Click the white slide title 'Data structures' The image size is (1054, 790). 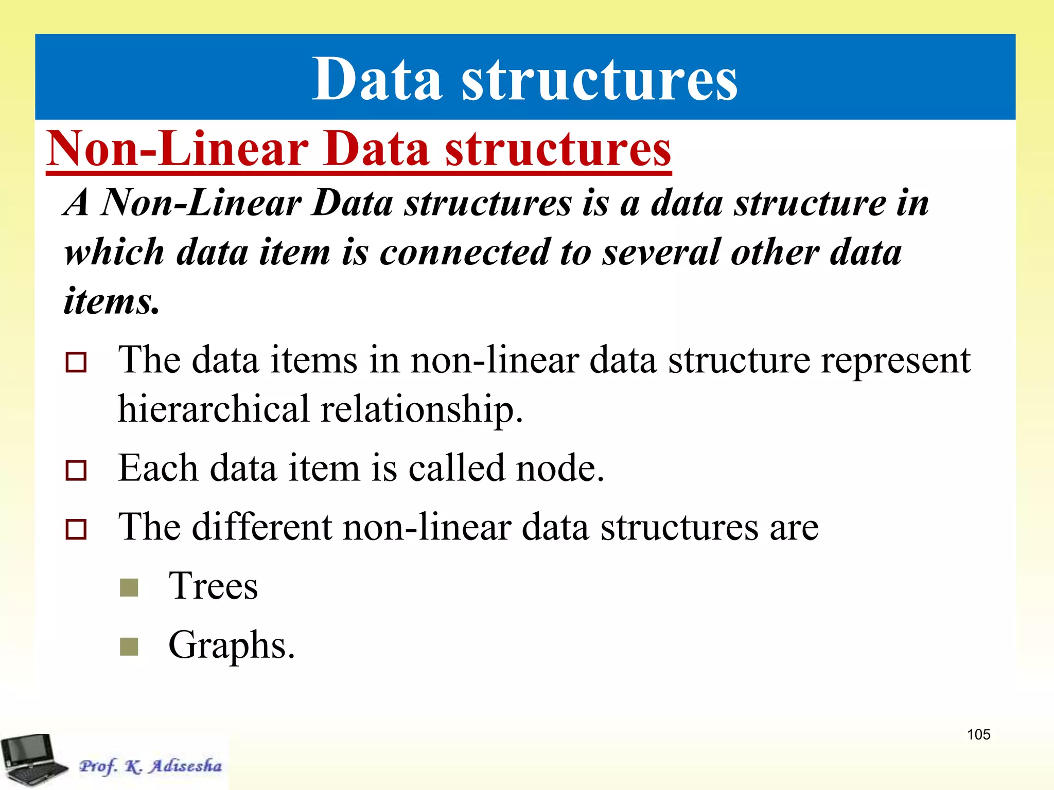(525, 80)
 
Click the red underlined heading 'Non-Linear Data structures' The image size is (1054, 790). (359, 149)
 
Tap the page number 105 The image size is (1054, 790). (978, 734)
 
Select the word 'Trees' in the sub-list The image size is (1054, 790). (213, 586)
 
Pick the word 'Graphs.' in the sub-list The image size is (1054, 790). (232, 645)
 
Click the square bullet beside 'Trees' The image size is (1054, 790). (129, 587)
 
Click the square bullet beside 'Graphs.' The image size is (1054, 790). (129, 647)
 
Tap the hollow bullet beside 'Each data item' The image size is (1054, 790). (76, 470)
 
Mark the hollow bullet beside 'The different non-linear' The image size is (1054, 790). (76, 529)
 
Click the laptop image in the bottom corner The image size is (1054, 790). (33, 760)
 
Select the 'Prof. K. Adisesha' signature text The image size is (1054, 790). (150, 766)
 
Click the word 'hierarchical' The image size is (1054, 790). (213, 409)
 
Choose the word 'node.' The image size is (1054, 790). (560, 469)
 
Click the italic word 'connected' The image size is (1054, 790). (465, 253)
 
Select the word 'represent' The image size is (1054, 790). (895, 361)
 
